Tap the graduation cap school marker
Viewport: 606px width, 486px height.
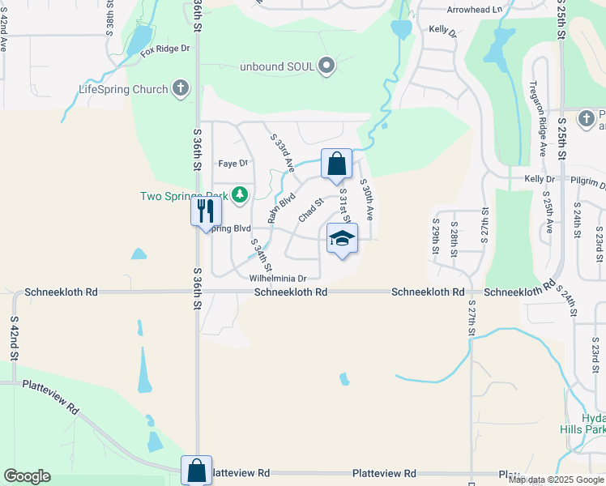pyautogui.click(x=342, y=238)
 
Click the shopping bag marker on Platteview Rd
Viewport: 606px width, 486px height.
pyautogui.click(x=197, y=469)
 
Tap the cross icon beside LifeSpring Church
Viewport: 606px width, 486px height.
pyautogui.click(x=181, y=89)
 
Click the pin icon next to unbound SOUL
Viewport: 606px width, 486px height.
pyautogui.click(x=326, y=66)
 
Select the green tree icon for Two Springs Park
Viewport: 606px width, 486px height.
pyautogui.click(x=239, y=195)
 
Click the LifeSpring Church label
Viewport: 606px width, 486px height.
pyautogui.click(x=122, y=89)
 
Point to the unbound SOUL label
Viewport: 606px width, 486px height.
pyautogui.click(x=276, y=66)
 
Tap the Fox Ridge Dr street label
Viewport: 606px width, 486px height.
pyautogui.click(x=164, y=49)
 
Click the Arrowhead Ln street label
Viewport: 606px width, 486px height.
pyautogui.click(x=475, y=10)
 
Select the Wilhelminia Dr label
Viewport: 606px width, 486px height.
pyautogui.click(x=278, y=277)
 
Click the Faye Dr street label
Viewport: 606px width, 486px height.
pyautogui.click(x=233, y=164)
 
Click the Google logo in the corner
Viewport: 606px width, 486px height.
pyautogui.click(x=27, y=476)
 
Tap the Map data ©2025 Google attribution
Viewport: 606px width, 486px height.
pyautogui.click(x=556, y=480)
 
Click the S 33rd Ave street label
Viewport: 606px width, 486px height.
pyautogui.click(x=282, y=152)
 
